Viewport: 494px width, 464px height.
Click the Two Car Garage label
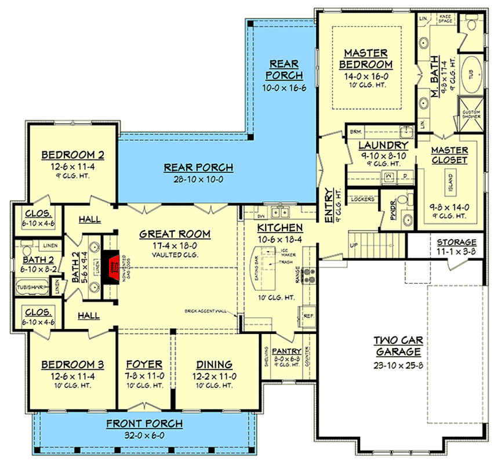point(397,346)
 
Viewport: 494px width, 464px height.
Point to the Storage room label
point(456,242)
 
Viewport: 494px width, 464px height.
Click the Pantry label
point(286,351)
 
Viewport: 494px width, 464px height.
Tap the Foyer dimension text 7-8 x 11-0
point(144,376)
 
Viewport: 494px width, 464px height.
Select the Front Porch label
point(144,423)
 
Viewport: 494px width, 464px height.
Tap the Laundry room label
point(383,145)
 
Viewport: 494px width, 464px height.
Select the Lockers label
point(362,200)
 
